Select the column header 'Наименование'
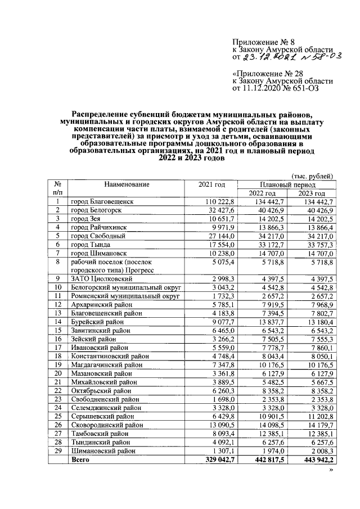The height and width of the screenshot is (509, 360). (x=126, y=184)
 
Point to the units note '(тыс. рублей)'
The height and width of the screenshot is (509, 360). (x=312, y=176)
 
